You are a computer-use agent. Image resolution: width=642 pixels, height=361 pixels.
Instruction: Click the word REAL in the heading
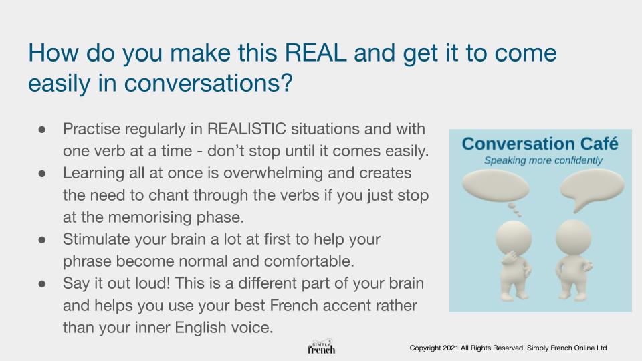tap(315, 53)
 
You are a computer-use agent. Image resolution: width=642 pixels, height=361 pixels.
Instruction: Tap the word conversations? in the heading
tap(209, 83)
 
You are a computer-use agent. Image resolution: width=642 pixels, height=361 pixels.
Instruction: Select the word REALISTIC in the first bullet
tap(247, 129)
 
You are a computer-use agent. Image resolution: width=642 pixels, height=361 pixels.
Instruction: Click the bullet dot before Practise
tap(41, 130)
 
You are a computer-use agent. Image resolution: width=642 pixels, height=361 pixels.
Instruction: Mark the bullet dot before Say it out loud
tap(41, 284)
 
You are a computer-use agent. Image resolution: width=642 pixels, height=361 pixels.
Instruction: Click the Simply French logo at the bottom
tap(322, 347)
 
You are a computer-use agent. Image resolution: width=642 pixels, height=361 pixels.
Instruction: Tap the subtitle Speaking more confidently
tap(543, 160)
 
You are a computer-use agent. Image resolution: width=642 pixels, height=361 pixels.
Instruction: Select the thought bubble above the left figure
tap(496, 189)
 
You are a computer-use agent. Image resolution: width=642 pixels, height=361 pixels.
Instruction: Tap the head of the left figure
tap(514, 238)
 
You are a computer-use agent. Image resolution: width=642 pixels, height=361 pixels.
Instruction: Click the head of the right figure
tap(573, 237)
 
